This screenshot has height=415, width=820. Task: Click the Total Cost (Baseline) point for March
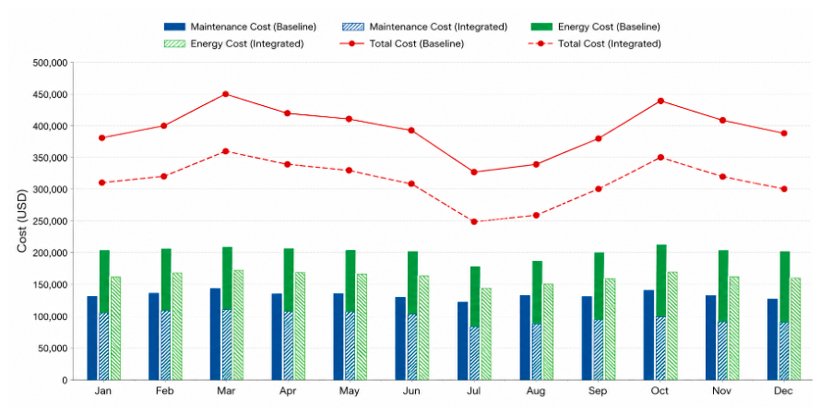225,94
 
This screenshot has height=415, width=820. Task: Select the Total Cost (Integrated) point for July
474,221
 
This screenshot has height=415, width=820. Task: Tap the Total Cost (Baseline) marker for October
660,101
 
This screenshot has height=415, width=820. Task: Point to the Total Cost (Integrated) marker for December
784,189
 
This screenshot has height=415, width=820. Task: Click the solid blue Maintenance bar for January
92,338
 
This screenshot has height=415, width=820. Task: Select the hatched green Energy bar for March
239,326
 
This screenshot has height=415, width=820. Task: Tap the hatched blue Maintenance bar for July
475,353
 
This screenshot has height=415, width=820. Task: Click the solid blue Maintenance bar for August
525,338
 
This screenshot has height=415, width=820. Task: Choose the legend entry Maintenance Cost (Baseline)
240,27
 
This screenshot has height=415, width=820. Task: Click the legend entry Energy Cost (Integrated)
233,44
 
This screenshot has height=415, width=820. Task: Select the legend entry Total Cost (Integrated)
596,44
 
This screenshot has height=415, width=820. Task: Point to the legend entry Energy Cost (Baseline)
595,27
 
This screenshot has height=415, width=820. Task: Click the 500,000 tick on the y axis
50,63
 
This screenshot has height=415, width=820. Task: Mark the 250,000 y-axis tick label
50,221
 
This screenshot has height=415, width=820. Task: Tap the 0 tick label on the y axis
65,381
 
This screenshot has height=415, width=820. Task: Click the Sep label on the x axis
598,391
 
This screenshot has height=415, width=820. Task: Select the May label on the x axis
350,391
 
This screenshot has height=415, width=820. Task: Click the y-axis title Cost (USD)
21,221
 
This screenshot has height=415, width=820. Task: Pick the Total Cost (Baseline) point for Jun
411,131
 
